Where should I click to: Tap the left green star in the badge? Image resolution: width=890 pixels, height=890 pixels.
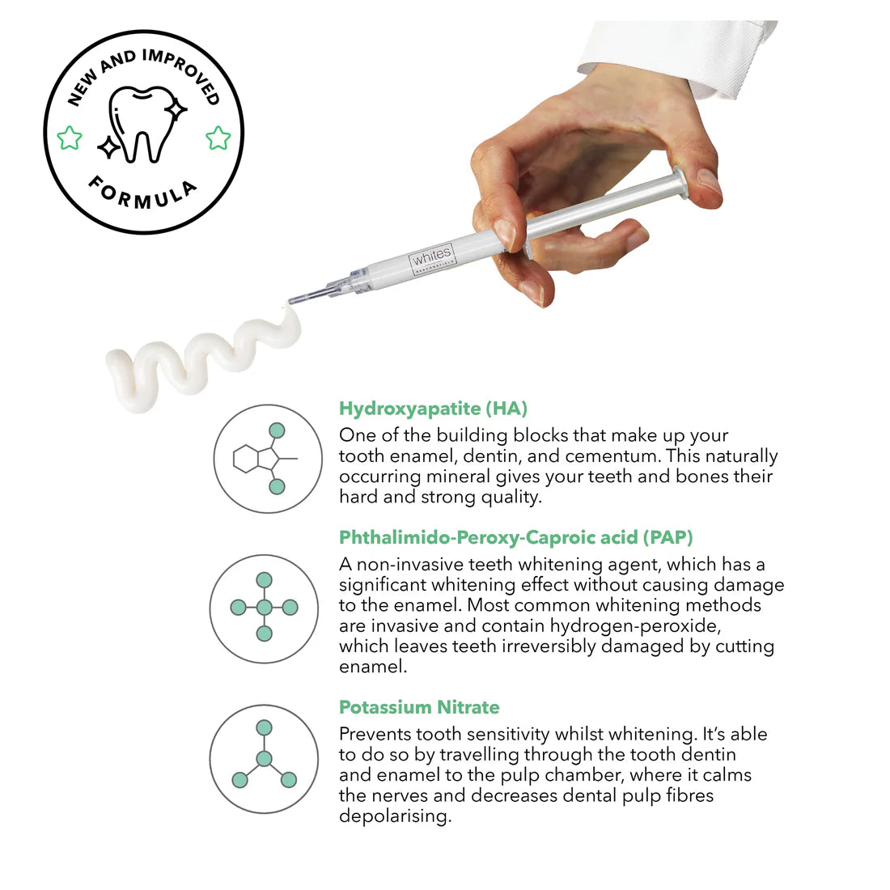(x=70, y=138)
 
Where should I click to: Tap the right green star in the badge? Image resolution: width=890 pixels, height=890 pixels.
(x=218, y=138)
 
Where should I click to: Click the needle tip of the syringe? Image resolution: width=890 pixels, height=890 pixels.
(x=292, y=301)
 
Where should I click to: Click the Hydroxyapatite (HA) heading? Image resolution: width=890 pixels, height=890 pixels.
(x=433, y=409)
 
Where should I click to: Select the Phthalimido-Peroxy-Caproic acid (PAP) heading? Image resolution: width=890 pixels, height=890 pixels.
(x=515, y=537)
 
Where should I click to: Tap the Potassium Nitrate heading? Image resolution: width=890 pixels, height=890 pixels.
(x=419, y=707)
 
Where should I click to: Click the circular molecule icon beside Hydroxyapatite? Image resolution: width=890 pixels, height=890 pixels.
(x=268, y=459)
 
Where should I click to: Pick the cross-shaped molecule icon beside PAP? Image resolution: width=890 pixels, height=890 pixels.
(x=264, y=608)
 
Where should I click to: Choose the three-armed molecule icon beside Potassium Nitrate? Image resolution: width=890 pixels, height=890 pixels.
(x=264, y=758)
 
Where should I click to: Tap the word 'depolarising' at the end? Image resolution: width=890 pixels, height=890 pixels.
(x=393, y=816)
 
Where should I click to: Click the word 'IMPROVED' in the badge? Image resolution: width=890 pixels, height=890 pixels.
(x=182, y=74)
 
